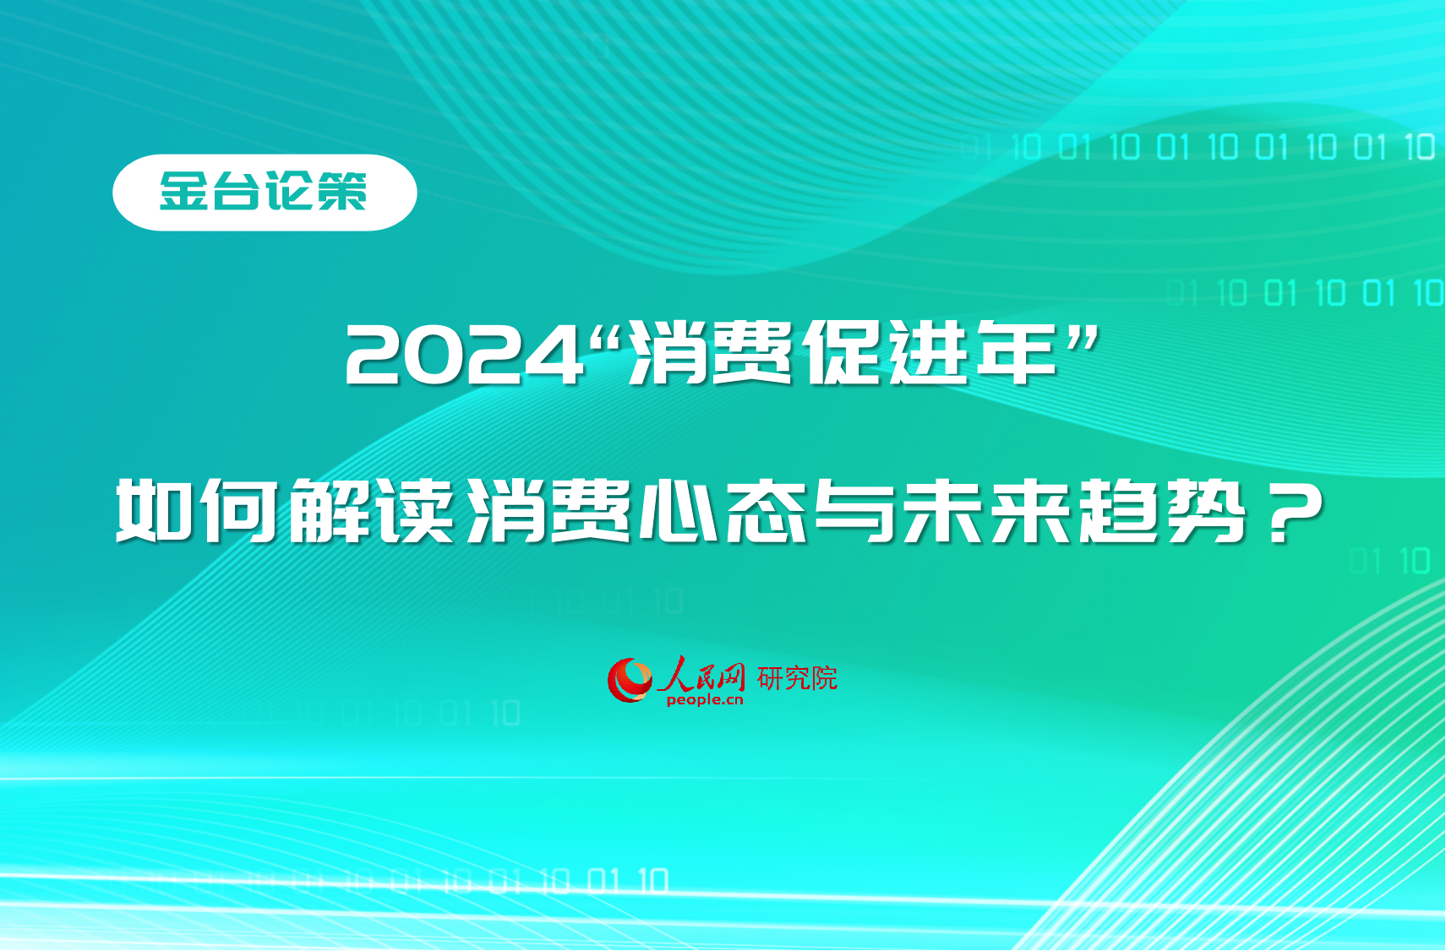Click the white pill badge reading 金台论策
pyautogui.click(x=265, y=193)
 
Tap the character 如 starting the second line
pyautogui.click(x=155, y=510)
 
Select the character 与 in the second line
pyautogui.click(x=854, y=510)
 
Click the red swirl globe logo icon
pyautogui.click(x=630, y=680)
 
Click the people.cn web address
pyautogui.click(x=705, y=700)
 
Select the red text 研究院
pyautogui.click(x=797, y=677)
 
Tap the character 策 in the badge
pyautogui.click(x=341, y=192)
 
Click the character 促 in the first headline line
pyautogui.click(x=843, y=354)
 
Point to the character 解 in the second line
pyautogui.click(x=329, y=510)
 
